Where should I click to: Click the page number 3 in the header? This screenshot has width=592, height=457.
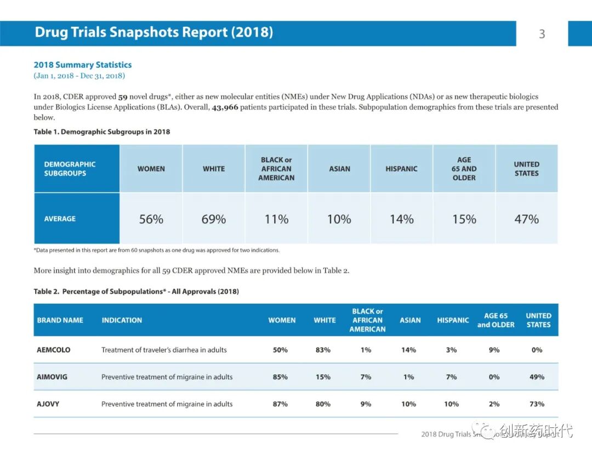click(542, 34)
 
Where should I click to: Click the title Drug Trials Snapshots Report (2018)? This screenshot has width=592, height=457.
click(153, 32)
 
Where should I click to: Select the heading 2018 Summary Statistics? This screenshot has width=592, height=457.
click(83, 65)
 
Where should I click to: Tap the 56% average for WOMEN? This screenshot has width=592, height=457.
click(151, 219)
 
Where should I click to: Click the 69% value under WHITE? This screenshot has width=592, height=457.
click(214, 219)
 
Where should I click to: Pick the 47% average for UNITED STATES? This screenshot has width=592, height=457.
click(526, 219)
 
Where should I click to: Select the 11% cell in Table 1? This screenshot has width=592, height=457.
click(276, 219)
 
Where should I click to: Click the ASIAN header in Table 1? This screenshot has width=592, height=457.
click(339, 169)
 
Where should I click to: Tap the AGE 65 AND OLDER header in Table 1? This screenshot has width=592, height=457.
click(464, 169)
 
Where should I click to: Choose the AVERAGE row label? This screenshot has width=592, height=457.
click(60, 219)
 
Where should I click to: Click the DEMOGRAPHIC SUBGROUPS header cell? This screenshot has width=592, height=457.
click(70, 169)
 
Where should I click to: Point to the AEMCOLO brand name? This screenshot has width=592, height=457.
click(54, 350)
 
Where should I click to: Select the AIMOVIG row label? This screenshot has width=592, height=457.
click(53, 377)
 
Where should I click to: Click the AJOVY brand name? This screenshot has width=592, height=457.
click(48, 404)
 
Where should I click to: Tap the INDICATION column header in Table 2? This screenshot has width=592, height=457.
click(122, 320)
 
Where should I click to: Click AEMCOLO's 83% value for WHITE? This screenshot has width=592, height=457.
click(323, 350)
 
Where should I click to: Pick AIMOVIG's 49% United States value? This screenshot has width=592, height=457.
click(537, 377)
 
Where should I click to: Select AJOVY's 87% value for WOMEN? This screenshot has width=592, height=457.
click(280, 404)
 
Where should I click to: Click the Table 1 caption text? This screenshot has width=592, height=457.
click(102, 132)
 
